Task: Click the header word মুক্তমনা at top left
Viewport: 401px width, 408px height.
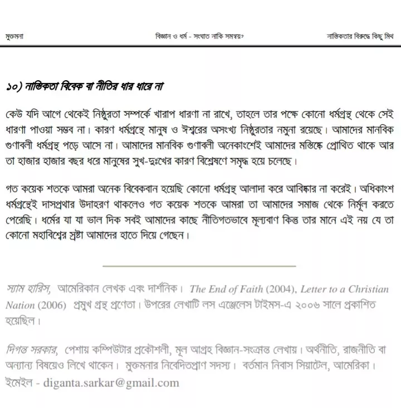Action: click(x=14, y=37)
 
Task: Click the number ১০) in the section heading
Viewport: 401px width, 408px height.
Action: click(x=14, y=87)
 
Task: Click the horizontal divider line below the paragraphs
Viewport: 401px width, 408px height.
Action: click(x=199, y=266)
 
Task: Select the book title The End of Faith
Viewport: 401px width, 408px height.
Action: click(x=226, y=289)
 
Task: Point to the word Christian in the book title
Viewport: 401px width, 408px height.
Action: click(x=368, y=289)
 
